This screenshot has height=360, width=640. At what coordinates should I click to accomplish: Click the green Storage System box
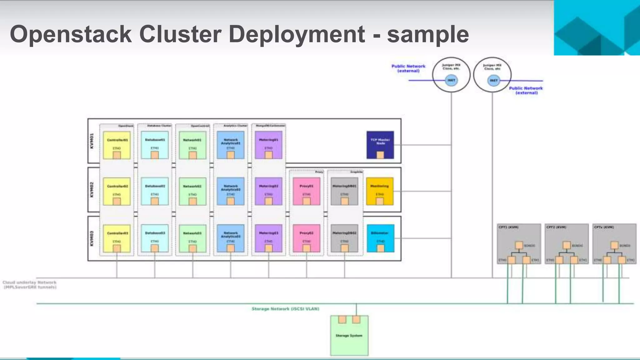(349, 336)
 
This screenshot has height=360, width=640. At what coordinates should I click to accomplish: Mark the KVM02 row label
(92, 189)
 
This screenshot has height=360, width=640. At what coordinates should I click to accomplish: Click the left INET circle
(451, 80)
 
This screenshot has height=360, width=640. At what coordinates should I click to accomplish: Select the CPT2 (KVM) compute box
(567, 244)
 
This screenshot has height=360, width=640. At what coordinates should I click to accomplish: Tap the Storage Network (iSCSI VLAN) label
(285, 309)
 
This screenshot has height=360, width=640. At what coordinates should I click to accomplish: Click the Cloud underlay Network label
(30, 285)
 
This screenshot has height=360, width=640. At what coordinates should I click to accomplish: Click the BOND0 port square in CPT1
(519, 245)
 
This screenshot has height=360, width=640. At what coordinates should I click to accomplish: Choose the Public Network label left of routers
(408, 68)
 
